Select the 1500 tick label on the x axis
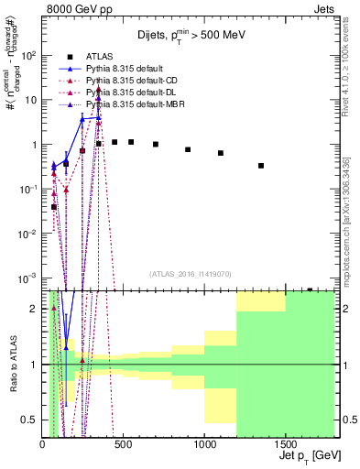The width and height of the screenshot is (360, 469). pyautogui.click(x=286, y=442)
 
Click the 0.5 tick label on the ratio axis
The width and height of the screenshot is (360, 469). pyautogui.click(x=30, y=420)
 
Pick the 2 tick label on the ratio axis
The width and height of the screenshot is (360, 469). pyautogui.click(x=35, y=308)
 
